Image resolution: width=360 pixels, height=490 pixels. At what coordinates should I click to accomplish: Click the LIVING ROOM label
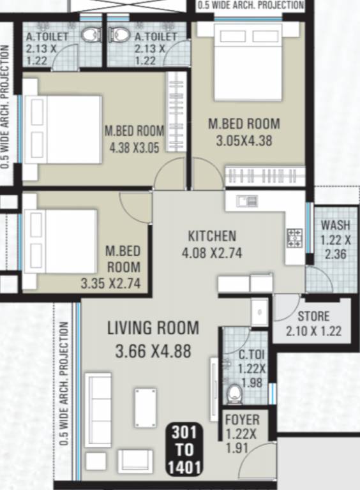coord(153,329)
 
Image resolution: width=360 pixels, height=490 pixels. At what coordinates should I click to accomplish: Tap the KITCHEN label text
coord(212,236)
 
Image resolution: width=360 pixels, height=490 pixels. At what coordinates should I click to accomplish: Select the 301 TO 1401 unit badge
coord(184,450)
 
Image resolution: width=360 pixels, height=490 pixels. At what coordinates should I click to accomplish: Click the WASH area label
coord(335,225)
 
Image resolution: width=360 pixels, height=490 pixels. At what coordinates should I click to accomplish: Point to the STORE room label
coord(313,316)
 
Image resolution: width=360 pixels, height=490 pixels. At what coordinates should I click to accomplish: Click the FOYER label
coord(242,420)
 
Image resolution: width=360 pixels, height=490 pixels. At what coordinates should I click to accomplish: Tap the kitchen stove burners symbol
coord(294,239)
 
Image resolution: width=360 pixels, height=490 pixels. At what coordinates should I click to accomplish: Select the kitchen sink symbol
coord(246,201)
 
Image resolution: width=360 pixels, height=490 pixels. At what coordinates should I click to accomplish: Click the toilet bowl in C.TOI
coord(234,392)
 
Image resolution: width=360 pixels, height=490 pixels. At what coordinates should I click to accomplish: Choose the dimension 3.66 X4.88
coord(153,351)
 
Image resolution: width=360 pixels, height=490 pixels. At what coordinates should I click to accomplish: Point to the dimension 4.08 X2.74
coord(212,252)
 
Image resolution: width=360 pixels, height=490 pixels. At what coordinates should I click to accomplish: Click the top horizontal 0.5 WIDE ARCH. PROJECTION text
coord(250,5)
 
